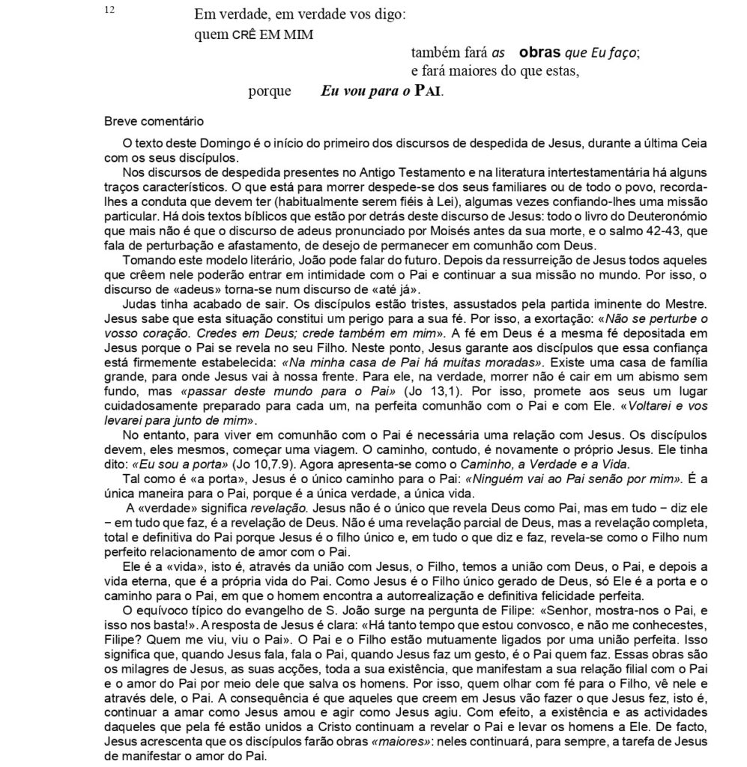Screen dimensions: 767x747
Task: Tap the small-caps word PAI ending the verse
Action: (x=426, y=92)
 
